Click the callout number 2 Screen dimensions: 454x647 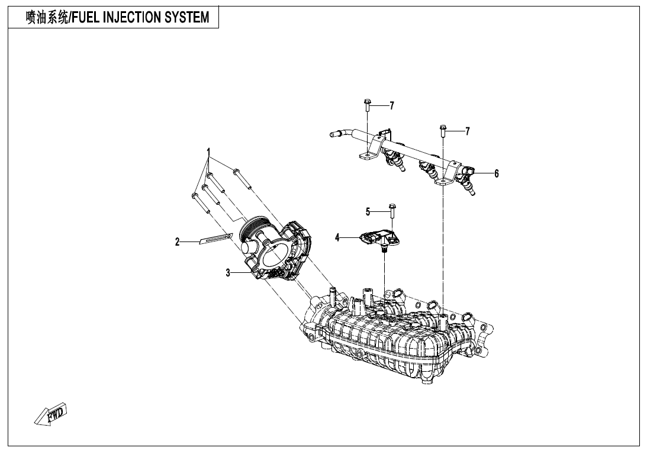pos(177,242)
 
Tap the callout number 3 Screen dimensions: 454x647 pos(227,273)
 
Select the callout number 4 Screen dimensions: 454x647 pos(337,237)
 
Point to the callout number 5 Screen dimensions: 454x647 pos(368,211)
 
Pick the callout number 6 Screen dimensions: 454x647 pos(497,173)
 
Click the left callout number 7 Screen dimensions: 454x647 pos(391,106)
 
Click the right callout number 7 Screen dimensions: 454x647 pos(467,131)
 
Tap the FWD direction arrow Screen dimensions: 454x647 pos(51,413)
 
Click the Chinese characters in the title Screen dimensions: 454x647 pos(46,17)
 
